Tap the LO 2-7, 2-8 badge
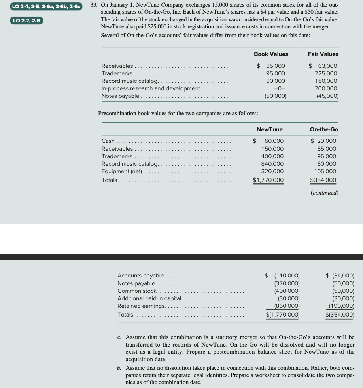point(26,20)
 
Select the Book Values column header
point(270,54)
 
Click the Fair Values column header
point(323,54)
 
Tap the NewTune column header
point(270,129)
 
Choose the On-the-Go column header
point(323,129)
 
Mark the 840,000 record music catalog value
point(272,164)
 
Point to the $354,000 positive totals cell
point(323,180)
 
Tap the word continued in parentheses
point(324,193)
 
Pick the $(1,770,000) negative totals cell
point(282,315)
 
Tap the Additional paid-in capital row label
point(149,298)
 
